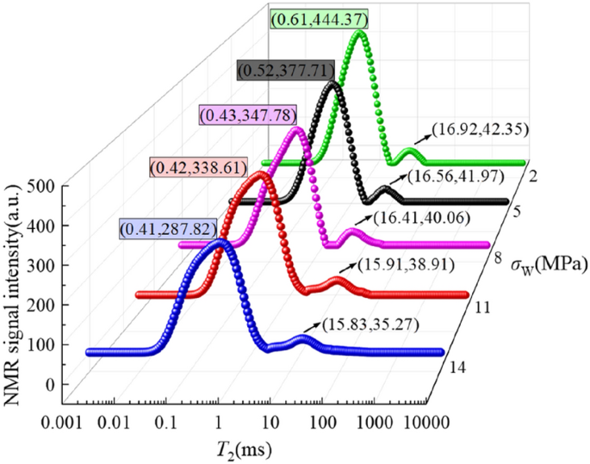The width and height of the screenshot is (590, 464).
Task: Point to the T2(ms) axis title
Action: [243, 448]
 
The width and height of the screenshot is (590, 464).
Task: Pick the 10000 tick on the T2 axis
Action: [404, 422]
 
